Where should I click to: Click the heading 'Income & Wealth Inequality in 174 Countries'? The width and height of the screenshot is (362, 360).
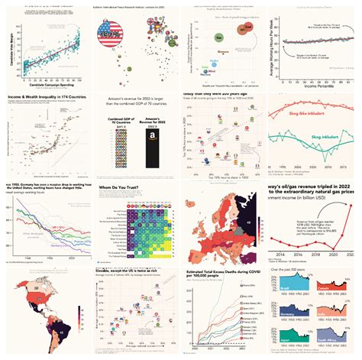[x=44, y=98]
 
